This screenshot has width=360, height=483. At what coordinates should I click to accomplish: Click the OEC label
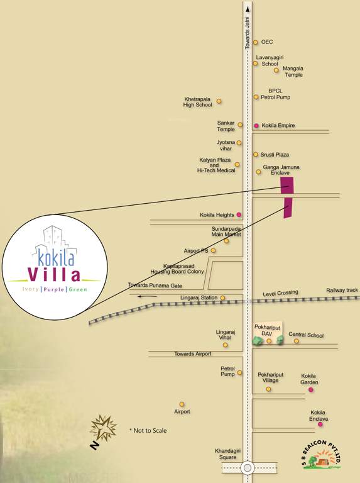[x=266, y=42]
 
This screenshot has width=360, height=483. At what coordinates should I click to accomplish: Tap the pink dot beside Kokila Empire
[x=256, y=126]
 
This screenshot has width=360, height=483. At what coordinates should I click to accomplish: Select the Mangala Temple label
[x=293, y=72]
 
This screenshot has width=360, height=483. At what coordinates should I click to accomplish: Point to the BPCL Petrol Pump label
[x=275, y=94]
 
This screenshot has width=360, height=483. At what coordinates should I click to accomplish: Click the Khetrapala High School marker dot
[x=219, y=101]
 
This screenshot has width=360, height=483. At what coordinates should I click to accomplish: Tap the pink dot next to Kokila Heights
[x=239, y=215]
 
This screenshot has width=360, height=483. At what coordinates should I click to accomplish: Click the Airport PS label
[x=197, y=250]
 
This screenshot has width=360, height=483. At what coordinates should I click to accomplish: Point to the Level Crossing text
[x=280, y=293]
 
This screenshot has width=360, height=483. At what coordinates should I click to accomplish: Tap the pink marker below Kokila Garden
[x=310, y=390]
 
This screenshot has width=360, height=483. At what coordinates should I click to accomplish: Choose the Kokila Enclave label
[x=319, y=416]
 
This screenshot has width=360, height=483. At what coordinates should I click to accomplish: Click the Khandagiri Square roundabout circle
[x=248, y=467]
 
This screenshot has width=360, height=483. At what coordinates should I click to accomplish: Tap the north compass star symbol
[x=102, y=429]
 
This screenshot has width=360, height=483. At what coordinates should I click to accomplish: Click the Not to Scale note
[x=148, y=431]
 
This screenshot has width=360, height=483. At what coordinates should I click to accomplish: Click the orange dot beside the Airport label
[x=182, y=404]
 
